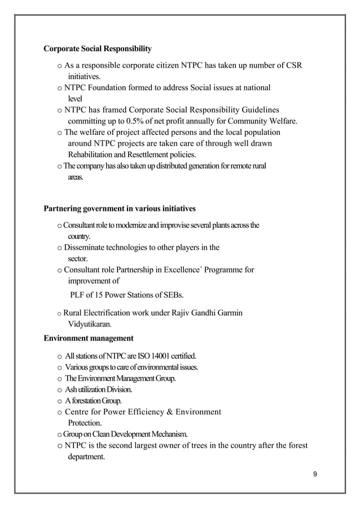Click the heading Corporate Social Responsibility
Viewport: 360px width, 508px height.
tap(98, 48)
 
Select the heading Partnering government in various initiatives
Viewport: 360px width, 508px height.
tap(120, 209)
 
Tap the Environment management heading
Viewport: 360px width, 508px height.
tap(89, 338)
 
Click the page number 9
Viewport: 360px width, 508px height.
tap(315, 472)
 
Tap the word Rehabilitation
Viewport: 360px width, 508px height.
tap(92, 154)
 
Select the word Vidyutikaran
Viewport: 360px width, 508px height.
tap(89, 325)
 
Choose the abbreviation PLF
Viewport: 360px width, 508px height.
tap(77, 295)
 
